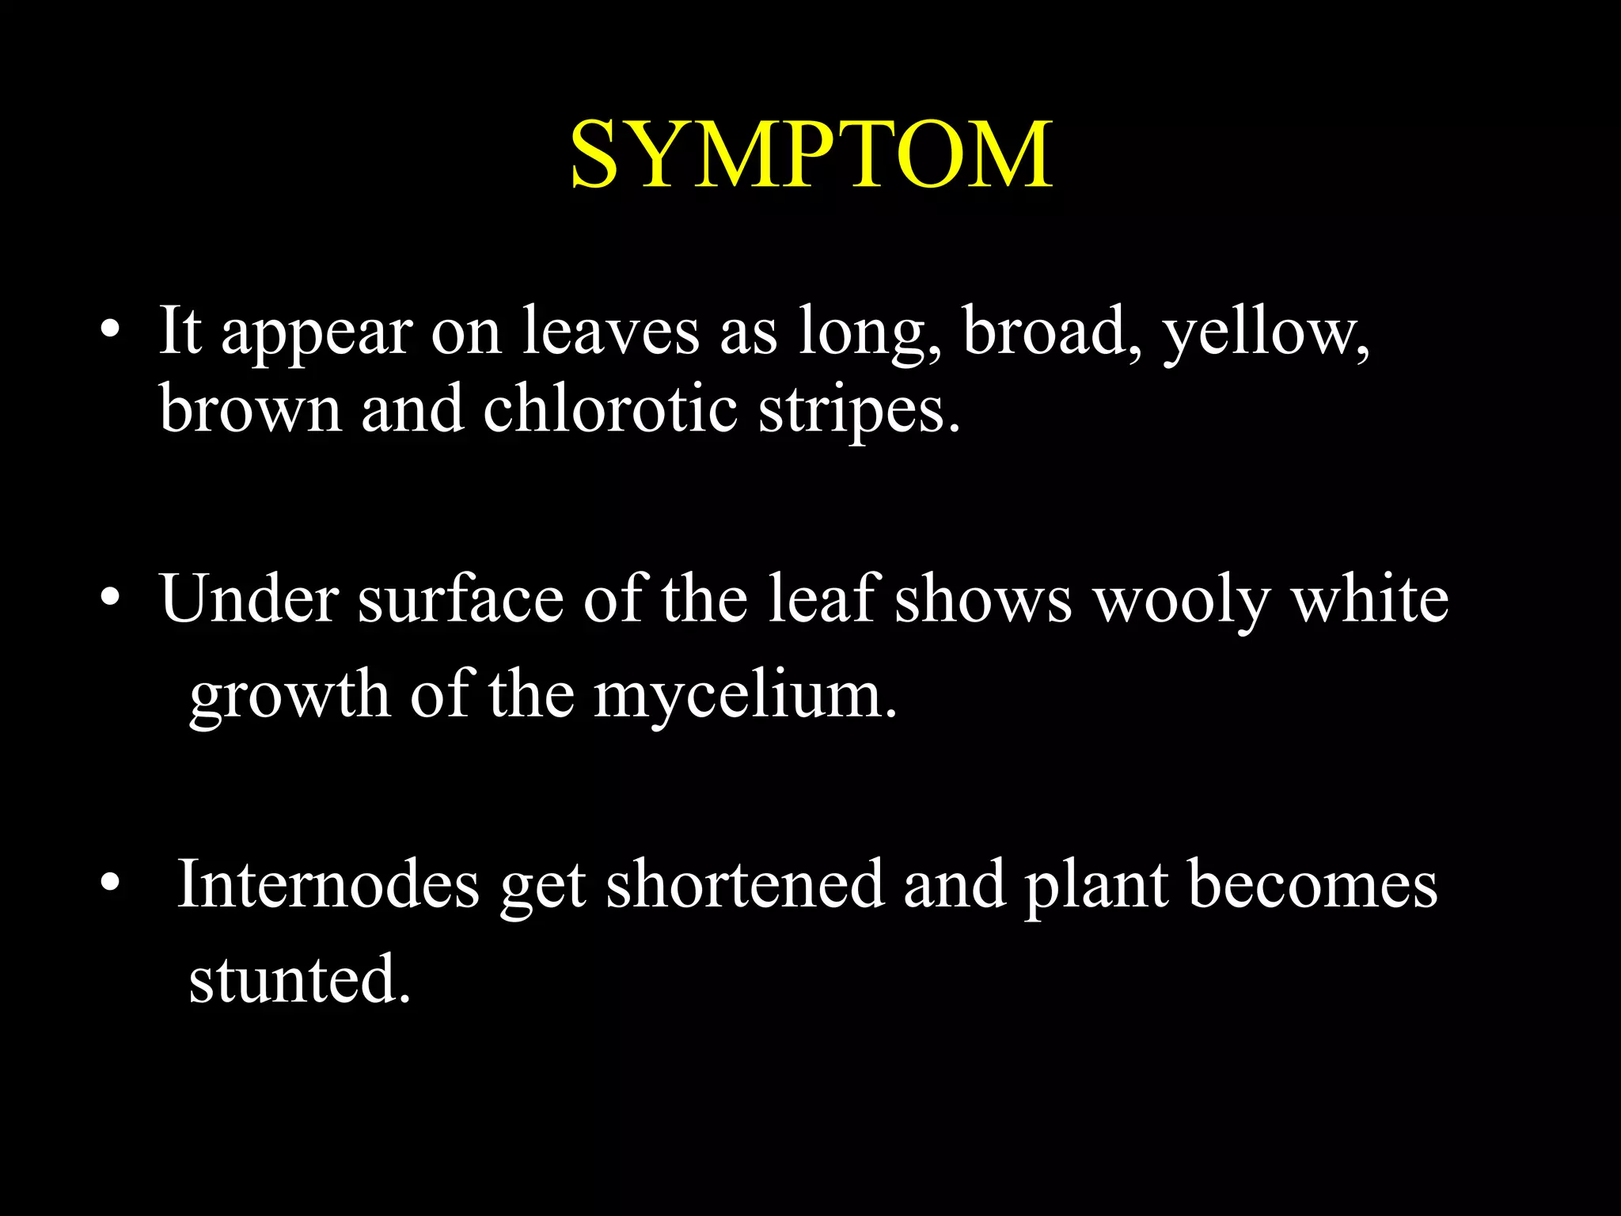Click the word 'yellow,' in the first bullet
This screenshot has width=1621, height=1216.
[1266, 332]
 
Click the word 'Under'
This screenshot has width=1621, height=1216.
[249, 599]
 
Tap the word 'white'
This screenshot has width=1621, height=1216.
[1370, 599]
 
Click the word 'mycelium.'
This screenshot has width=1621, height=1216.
[746, 695]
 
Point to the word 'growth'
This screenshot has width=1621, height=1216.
[290, 695]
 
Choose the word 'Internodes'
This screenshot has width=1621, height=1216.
[328, 884]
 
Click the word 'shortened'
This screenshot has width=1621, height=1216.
[745, 884]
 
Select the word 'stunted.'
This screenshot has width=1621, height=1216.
[300, 979]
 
